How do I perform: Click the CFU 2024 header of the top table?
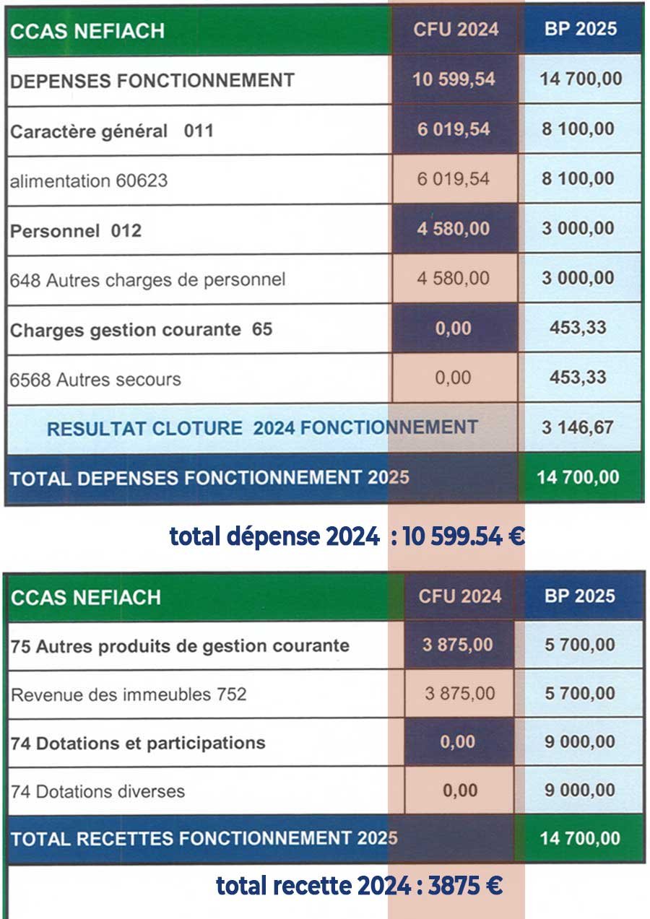[x=456, y=30]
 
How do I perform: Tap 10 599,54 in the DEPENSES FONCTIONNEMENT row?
[x=454, y=79]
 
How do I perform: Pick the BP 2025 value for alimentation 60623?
[x=578, y=178]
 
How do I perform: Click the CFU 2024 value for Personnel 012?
[x=454, y=229]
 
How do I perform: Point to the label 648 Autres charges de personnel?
[x=147, y=279]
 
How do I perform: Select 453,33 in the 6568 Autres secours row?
[x=578, y=378]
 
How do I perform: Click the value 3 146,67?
[x=578, y=427]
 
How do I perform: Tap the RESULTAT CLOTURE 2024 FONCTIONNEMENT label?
[x=262, y=428]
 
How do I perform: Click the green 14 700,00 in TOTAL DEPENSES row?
[x=578, y=477]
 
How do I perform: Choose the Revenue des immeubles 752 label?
[x=129, y=694]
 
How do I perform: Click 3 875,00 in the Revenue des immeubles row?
[x=460, y=694]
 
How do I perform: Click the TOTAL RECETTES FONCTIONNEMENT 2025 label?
[x=204, y=839]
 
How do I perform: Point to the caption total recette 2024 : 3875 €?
[x=359, y=886]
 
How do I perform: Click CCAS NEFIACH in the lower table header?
[x=86, y=598]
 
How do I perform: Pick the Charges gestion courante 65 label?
[x=141, y=330]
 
